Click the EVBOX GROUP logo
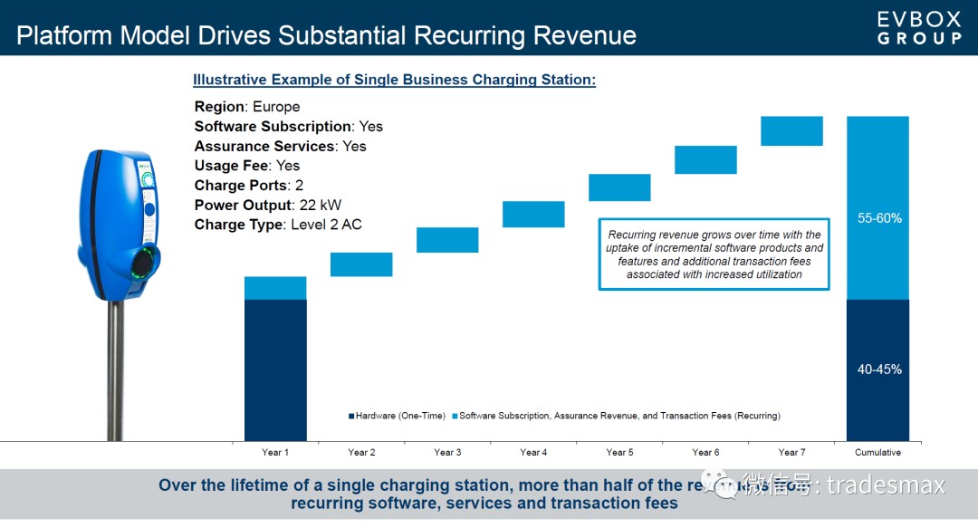(919, 27)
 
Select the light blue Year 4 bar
(533, 215)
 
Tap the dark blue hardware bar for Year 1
(275, 370)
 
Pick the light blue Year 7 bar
(791, 130)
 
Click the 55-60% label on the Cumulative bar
(879, 218)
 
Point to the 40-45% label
(879, 370)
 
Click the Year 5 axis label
(619, 452)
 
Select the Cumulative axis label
(877, 452)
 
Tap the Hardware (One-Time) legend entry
(397, 416)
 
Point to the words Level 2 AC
(325, 225)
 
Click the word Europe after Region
(276, 107)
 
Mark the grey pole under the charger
(115, 371)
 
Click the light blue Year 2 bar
(361, 264)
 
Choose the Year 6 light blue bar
(705, 159)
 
